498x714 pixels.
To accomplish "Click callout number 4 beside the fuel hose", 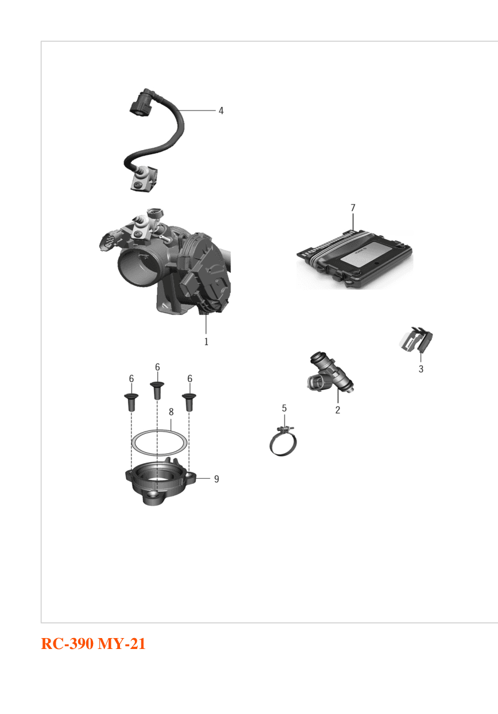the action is click(x=221, y=111).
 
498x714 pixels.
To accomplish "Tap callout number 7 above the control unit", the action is click(x=353, y=208).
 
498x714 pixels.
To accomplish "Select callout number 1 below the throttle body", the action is click(x=206, y=342).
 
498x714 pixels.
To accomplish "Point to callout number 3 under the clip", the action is click(x=420, y=369).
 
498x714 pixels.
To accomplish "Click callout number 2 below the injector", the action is click(x=338, y=410).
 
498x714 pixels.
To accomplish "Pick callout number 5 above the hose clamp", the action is click(x=284, y=408).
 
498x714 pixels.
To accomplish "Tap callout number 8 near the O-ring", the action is click(x=171, y=412).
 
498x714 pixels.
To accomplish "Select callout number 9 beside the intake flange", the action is click(x=217, y=479).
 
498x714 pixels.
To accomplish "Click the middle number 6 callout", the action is click(x=157, y=367).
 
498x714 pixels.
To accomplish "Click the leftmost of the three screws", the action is click(x=131, y=402).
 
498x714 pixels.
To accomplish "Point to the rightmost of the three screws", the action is click(x=189, y=402).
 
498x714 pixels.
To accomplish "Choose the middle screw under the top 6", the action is click(x=157, y=391).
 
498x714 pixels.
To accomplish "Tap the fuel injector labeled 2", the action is click(x=331, y=372).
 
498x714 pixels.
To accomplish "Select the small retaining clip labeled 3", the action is click(x=416, y=340).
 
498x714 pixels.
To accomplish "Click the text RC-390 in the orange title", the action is click(x=67, y=644).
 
